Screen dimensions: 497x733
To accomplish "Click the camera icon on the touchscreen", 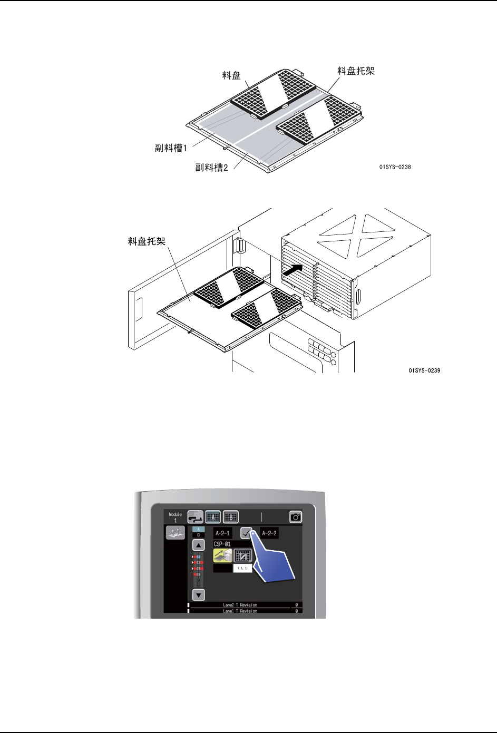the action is (296, 517).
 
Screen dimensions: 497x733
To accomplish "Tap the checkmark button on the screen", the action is (246, 533).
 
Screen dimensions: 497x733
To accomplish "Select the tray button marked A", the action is (212, 517).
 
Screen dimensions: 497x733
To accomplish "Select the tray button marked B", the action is (231, 517).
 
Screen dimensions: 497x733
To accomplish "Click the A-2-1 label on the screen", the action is (222, 533).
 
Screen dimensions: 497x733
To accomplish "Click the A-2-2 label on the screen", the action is (269, 533).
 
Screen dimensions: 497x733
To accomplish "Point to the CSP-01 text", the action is (222, 544).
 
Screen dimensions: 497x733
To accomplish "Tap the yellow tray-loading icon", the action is (222, 555).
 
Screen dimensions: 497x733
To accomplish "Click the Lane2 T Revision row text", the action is (240, 605).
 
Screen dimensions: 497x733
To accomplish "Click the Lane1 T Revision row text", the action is (240, 611).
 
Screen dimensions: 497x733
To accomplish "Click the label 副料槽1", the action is (171, 148).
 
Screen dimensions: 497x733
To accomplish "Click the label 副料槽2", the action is (212, 168).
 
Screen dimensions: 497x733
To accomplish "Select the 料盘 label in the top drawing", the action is (231, 76).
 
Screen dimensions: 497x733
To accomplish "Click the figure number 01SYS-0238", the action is (395, 167).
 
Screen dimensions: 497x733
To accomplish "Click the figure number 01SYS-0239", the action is (424, 370).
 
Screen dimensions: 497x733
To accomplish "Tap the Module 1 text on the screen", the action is (176, 517).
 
